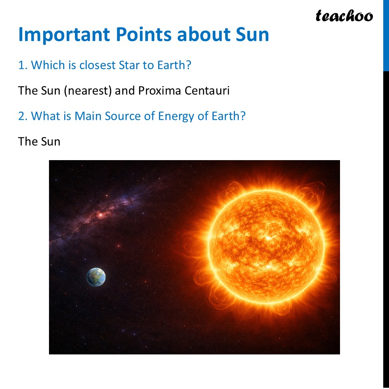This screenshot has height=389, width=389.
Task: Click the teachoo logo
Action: click(344, 16)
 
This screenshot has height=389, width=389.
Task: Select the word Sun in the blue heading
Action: click(252, 35)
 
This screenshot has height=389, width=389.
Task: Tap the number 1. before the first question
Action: click(23, 65)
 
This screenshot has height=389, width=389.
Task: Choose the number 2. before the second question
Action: click(23, 116)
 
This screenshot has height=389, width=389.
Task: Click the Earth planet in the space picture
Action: click(96, 277)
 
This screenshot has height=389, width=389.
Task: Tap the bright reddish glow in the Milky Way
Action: click(100, 214)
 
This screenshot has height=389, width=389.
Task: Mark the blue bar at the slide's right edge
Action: click(386, 35)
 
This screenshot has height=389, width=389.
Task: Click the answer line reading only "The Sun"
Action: click(39, 142)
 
